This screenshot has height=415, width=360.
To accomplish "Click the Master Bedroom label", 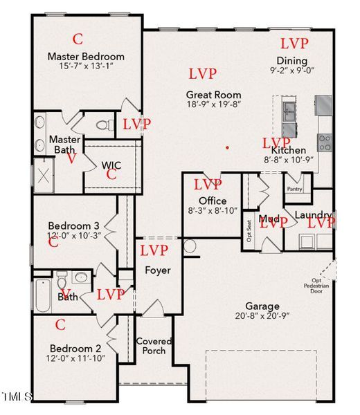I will pos(86,56).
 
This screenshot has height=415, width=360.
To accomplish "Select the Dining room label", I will pos(291,60).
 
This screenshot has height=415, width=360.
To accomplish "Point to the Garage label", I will pos(262,306).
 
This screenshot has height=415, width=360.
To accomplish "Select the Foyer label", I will pos(157,270).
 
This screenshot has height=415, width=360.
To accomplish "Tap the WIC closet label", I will pos(111,165).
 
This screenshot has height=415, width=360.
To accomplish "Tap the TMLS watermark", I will pos(17,396).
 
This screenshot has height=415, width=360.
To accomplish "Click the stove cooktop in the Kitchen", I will pos(323,142).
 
